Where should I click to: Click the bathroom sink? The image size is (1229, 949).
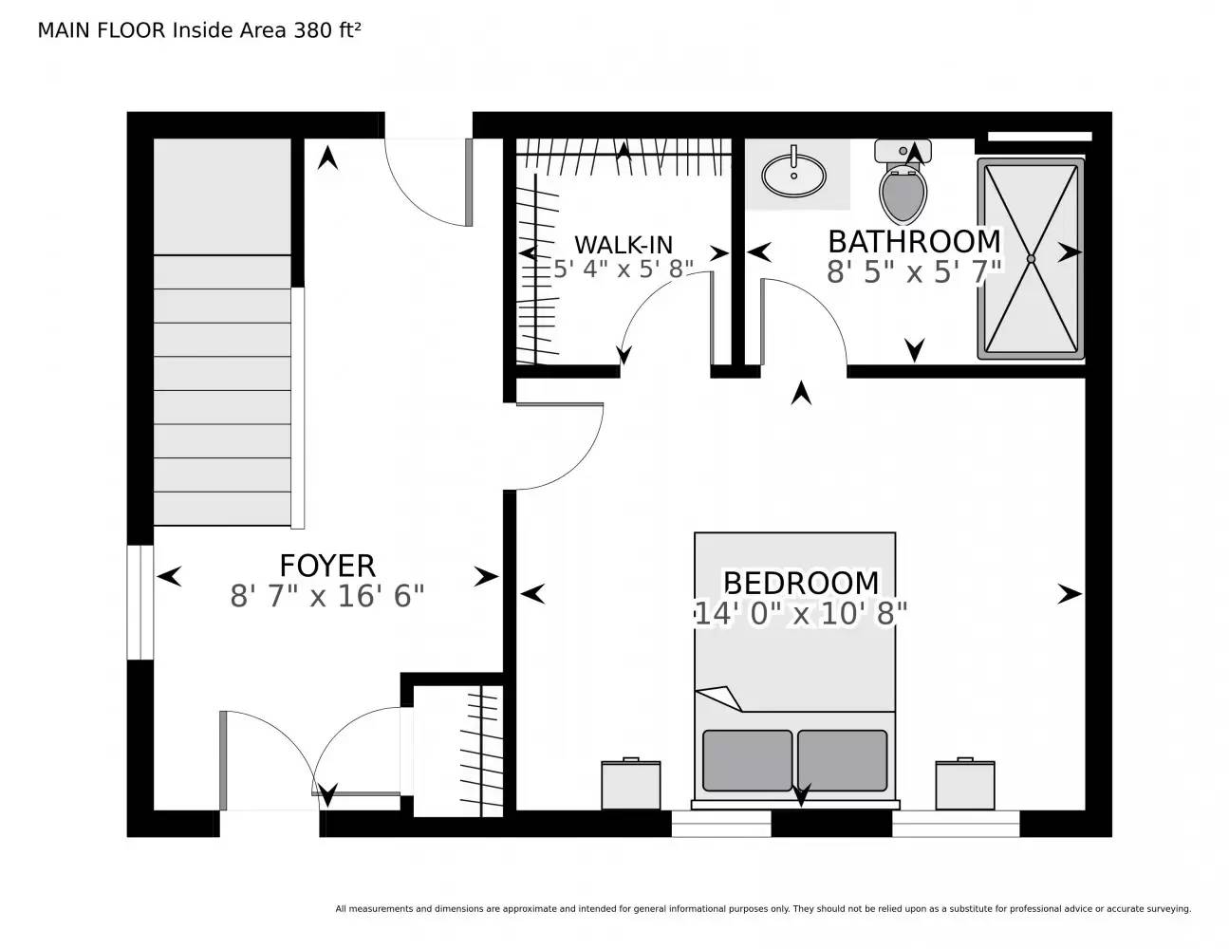(x=793, y=175)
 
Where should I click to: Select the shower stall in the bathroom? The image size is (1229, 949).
(x=1032, y=258)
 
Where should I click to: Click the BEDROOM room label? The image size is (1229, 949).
(x=801, y=582)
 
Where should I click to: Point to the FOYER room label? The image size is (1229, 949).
(x=327, y=566)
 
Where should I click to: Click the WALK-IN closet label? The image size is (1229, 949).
(x=624, y=245)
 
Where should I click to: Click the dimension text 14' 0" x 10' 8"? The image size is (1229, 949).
(x=801, y=614)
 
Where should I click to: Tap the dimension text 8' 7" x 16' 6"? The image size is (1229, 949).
(x=327, y=597)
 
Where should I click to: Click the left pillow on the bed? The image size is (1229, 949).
(x=747, y=759)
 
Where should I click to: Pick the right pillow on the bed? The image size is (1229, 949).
(x=843, y=759)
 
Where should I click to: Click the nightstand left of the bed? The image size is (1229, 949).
(x=631, y=785)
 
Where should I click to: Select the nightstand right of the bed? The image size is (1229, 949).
(x=965, y=785)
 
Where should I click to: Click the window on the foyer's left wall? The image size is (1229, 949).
(x=140, y=602)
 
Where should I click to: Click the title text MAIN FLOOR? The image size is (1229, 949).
(x=102, y=30)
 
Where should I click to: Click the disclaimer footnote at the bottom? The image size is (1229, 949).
(x=763, y=909)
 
